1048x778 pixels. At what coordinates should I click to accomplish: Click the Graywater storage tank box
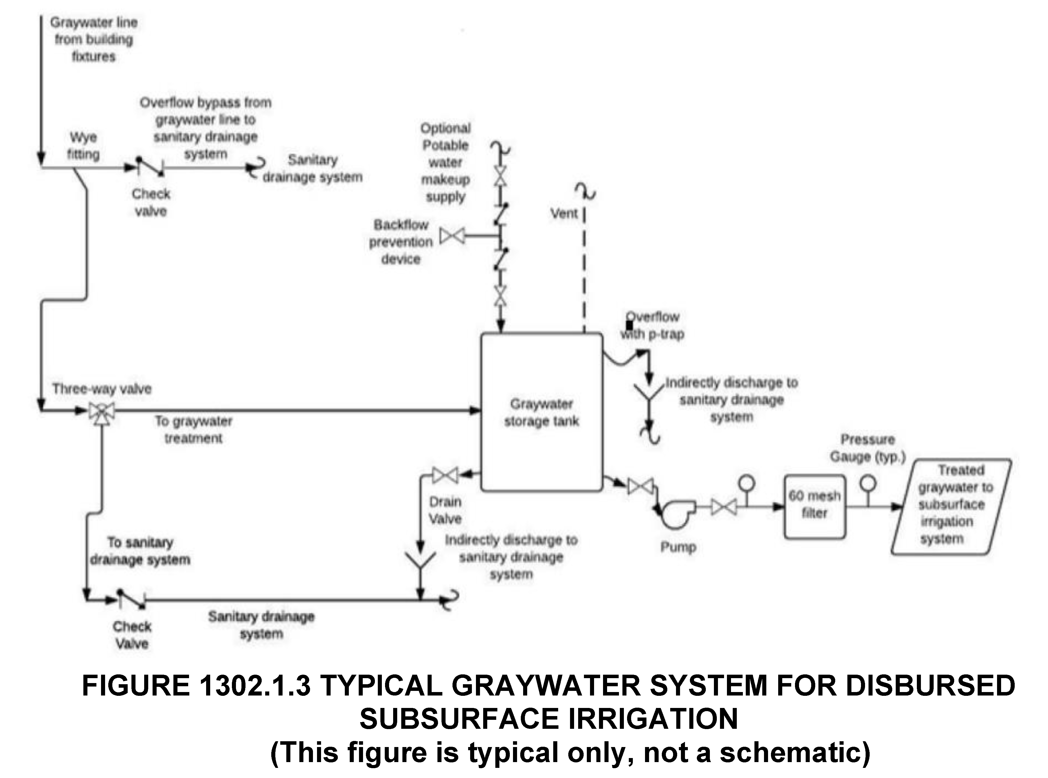pos(541,412)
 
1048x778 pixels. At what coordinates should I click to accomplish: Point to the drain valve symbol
pos(445,475)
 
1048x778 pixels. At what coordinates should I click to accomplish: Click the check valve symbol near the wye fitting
pos(150,167)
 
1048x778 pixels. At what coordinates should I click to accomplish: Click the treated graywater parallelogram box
pos(951,506)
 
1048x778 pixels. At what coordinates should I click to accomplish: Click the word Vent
pos(564,213)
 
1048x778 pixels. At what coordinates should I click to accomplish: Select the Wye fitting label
pos(83,146)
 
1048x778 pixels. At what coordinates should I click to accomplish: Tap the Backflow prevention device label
pos(401,242)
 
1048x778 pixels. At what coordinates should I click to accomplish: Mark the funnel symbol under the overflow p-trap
pos(649,393)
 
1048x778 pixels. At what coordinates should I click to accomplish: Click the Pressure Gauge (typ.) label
pos(868,448)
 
